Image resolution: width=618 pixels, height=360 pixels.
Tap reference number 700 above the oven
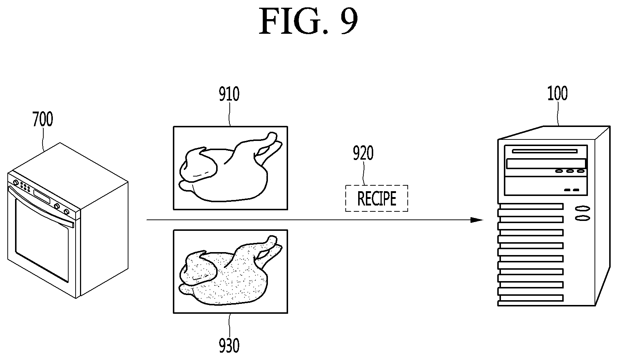pyautogui.click(x=43, y=119)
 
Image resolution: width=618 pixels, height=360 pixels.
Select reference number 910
pyautogui.click(x=229, y=94)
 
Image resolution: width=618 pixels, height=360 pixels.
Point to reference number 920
pyautogui.click(x=363, y=153)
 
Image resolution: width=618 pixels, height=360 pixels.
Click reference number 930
pyautogui.click(x=229, y=345)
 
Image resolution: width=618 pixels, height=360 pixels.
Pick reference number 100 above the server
pyautogui.click(x=557, y=93)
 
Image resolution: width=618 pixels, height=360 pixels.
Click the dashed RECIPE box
pyautogui.click(x=377, y=198)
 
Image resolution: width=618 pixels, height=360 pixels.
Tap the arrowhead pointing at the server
pyautogui.click(x=477, y=220)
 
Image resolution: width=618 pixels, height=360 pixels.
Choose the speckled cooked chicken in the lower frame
pyautogui.click(x=230, y=270)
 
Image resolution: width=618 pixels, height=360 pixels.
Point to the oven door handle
pyautogui.click(x=41, y=206)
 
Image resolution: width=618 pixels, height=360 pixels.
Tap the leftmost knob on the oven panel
pyautogui.click(x=16, y=183)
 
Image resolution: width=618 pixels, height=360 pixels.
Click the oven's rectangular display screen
pyautogui.click(x=42, y=196)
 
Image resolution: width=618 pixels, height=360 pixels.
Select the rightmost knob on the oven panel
pyautogui.click(x=66, y=212)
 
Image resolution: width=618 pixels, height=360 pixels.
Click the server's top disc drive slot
pyautogui.click(x=545, y=151)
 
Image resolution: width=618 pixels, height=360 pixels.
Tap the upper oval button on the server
pyautogui.click(x=583, y=208)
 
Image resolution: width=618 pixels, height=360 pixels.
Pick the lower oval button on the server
pyautogui.click(x=583, y=218)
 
